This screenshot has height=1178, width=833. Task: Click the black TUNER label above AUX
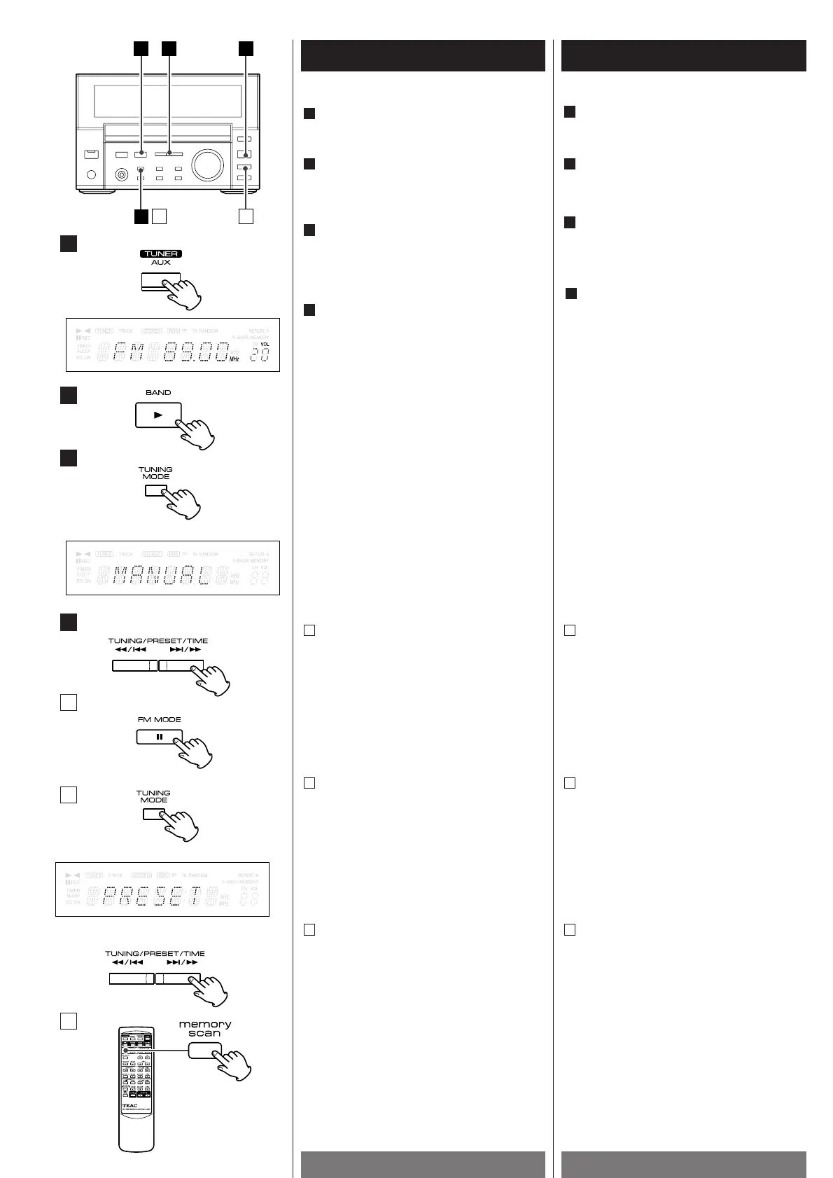click(161, 254)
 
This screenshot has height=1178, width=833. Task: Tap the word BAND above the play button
click(158, 393)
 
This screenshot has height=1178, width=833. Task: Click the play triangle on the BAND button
click(158, 415)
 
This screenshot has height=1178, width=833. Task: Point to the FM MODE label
click(159, 720)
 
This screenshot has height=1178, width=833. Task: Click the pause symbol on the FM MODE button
click(160, 737)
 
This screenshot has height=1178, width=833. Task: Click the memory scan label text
click(205, 1028)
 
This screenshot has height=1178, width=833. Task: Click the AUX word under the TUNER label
click(161, 263)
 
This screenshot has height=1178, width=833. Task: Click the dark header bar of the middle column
click(423, 55)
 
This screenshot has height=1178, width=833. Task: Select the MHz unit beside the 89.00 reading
click(234, 359)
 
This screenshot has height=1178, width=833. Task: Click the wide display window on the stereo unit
click(167, 102)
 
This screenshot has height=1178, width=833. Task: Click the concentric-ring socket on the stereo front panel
click(122, 175)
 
